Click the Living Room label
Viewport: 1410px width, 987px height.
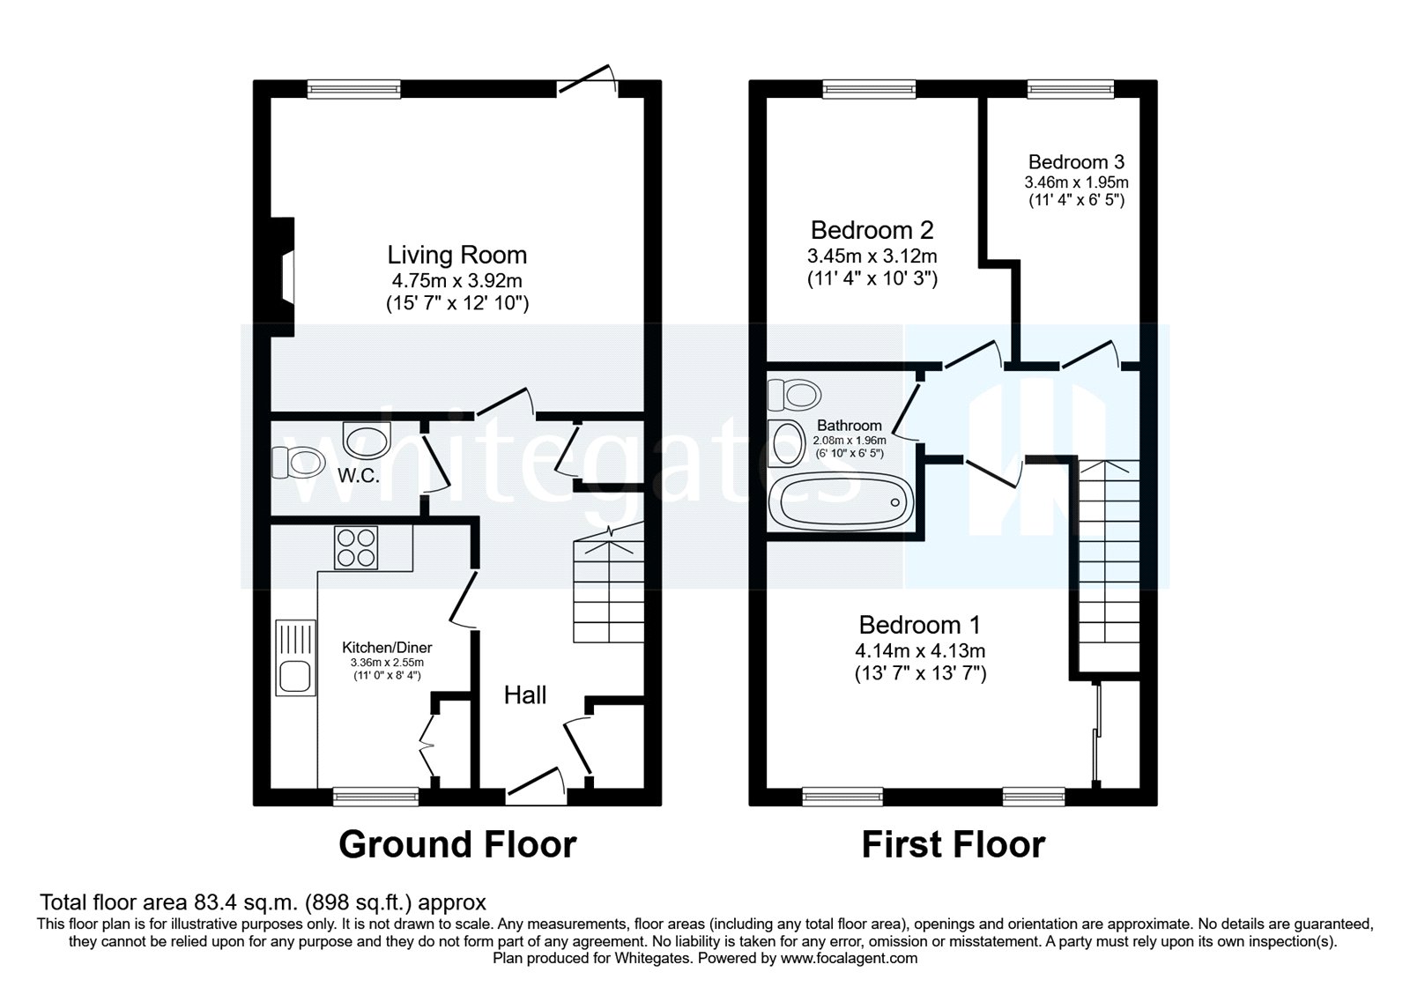coord(456,256)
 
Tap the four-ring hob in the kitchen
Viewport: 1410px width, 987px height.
coord(356,547)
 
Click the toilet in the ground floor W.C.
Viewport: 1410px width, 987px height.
coord(298,461)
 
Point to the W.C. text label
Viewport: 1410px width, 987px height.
coord(359,476)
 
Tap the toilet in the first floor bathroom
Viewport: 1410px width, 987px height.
coord(792,394)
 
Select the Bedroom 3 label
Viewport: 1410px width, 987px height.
coord(1076,162)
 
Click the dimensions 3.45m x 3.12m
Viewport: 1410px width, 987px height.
coord(872,256)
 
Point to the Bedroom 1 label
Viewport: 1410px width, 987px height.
coord(919,625)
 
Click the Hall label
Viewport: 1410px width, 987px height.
coord(525,695)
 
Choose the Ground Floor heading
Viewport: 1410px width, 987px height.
coord(457,844)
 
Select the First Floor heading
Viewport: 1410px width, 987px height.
coord(953,844)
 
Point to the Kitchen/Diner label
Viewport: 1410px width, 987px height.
coord(387,647)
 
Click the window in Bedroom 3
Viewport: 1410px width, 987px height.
coord(1071,88)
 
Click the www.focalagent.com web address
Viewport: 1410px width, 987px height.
coord(849,958)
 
